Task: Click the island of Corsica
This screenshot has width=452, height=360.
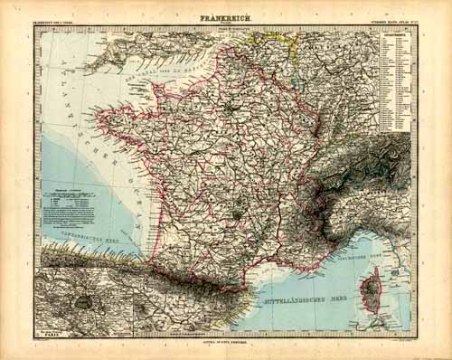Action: [372, 290]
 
